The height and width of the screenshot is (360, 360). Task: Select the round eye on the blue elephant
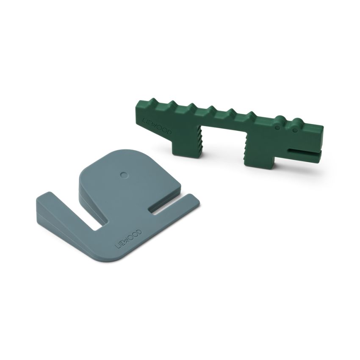[123, 174]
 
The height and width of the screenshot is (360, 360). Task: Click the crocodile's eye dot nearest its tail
[277, 127]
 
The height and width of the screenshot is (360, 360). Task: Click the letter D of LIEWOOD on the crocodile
[169, 133]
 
